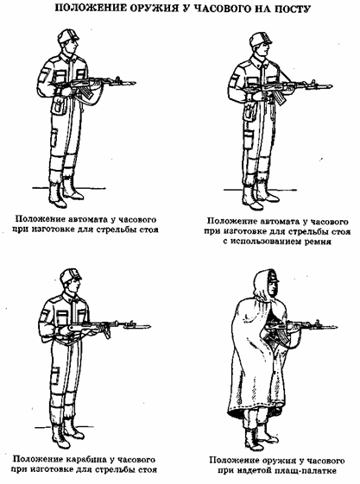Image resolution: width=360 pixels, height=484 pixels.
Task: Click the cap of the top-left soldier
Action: (x=67, y=35)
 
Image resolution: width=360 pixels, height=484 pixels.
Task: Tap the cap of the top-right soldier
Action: (x=260, y=39)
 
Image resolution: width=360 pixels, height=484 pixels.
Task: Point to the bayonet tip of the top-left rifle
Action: (x=135, y=83)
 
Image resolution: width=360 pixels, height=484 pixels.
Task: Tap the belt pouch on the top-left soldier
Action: (x=59, y=106)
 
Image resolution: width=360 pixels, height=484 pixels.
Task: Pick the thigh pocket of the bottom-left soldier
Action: (x=55, y=375)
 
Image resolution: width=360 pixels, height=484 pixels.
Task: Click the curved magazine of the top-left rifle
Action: (x=88, y=91)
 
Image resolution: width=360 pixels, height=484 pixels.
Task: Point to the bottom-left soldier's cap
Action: (x=71, y=276)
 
